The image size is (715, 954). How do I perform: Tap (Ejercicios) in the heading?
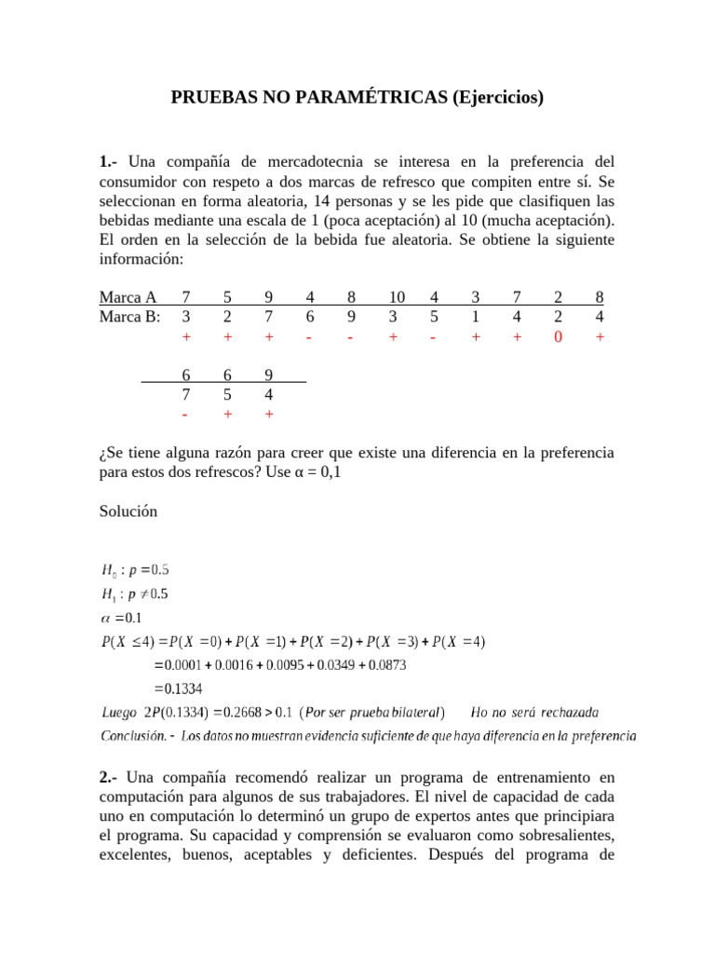(498, 98)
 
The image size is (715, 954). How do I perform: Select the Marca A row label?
(128, 298)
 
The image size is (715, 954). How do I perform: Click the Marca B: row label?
(130, 317)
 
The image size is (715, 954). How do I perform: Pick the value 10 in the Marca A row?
(397, 298)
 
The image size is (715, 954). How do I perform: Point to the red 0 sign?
(558, 337)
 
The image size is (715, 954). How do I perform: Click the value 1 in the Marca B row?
(475, 317)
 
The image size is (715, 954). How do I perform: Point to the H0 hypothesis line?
(135, 570)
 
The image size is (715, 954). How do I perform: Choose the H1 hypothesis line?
(135, 594)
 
